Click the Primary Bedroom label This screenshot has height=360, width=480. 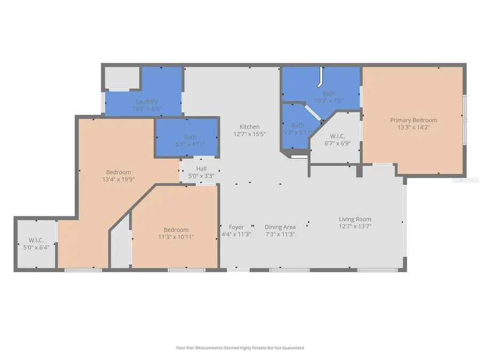[413, 120]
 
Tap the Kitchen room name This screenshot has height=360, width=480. [250, 126]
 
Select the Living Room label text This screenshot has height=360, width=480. [355, 219]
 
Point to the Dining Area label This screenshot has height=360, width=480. [280, 227]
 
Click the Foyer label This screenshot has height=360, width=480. [236, 227]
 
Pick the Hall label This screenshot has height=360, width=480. [201, 169]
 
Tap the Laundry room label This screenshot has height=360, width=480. [147, 101]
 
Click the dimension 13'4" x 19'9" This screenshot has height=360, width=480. [118, 179]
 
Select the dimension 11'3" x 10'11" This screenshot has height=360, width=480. [176, 236]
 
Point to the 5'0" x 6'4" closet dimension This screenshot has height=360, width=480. [35, 247]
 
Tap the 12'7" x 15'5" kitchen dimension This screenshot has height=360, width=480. [250, 134]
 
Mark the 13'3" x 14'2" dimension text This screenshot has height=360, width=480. [413, 127]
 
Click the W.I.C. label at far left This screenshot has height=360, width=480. [35, 239]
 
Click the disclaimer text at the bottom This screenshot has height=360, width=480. [240, 348]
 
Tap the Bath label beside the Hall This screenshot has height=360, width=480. [190, 137]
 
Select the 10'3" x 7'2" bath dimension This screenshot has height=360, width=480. [329, 100]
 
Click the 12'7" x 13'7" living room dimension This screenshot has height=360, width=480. [355, 226]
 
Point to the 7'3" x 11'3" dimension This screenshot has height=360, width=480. [280, 234]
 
